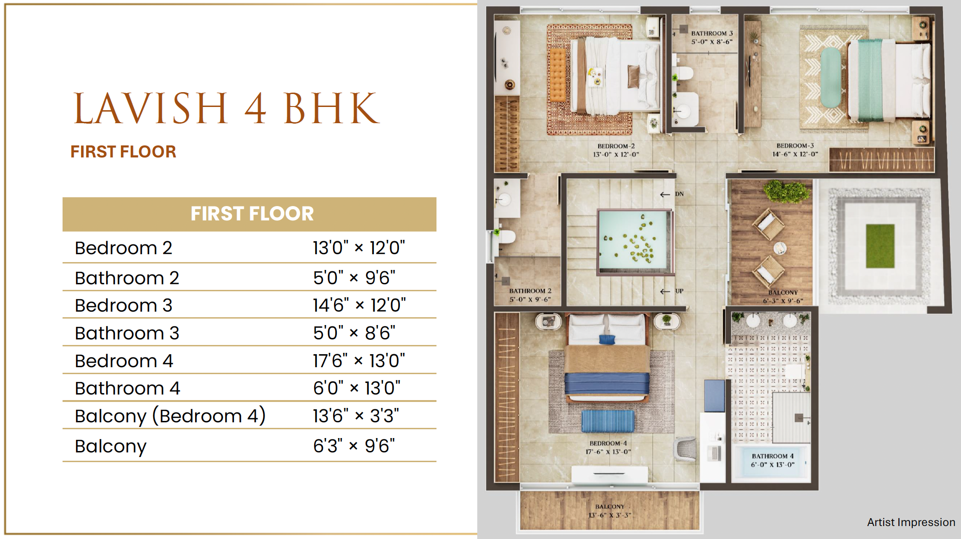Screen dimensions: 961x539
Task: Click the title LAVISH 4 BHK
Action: pyautogui.click(x=227, y=108)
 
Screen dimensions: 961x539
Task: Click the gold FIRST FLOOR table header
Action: pyautogui.click(x=249, y=214)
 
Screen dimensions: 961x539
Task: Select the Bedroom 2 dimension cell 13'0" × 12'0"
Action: pyautogui.click(x=359, y=248)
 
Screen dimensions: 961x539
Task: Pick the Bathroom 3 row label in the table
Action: pyautogui.click(x=127, y=333)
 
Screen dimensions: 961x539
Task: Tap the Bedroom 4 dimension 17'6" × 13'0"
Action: pyautogui.click(x=359, y=360)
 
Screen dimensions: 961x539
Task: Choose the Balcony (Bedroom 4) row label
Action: pyautogui.click(x=171, y=416)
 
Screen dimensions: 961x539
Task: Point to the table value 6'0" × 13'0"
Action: pyautogui.click(x=357, y=388)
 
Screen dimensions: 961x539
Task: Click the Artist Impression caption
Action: pyautogui.click(x=911, y=522)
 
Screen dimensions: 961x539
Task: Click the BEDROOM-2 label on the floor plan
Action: pyautogui.click(x=616, y=146)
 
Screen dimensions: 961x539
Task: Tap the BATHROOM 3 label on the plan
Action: pyautogui.click(x=712, y=33)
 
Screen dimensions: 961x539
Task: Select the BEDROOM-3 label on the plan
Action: pyautogui.click(x=795, y=145)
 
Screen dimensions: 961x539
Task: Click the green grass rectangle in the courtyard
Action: pyautogui.click(x=880, y=246)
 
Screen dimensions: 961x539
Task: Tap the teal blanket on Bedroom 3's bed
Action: pyautogui.click(x=870, y=80)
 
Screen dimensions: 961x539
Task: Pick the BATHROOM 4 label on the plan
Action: pyautogui.click(x=772, y=456)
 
